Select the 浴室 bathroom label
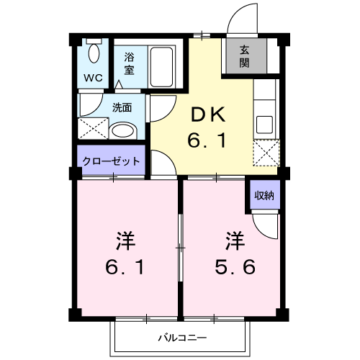tap(129, 63)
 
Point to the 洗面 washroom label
tap(122, 108)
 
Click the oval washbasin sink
tap(125, 131)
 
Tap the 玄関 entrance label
tap(245, 56)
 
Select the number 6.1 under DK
tap(208, 140)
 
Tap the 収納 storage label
tap(263, 194)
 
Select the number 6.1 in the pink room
tap(126, 268)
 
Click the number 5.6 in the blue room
tap(233, 268)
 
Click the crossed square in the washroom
tap(94, 129)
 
